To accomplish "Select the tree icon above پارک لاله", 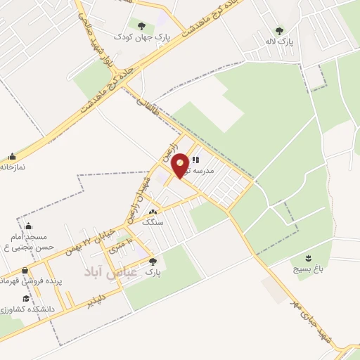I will click(279, 31).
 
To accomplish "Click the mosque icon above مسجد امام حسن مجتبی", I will click(28, 226).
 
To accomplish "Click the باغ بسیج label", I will click(309, 269).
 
